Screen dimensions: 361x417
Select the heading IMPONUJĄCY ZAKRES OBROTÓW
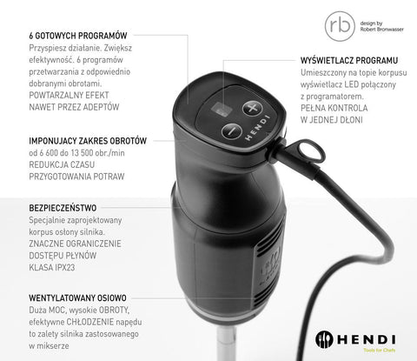point(88,139)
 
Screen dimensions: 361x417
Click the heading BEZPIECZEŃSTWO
point(63,209)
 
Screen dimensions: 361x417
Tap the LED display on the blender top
point(222,112)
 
